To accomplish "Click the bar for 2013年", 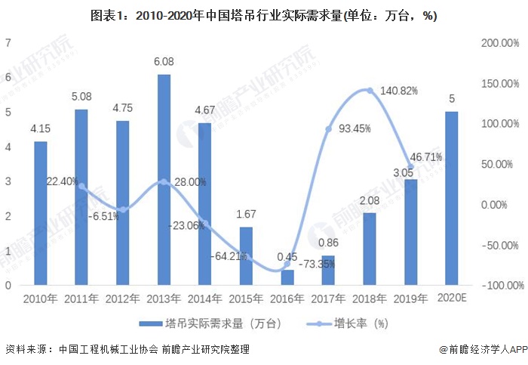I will point(164,180).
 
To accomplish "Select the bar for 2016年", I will point(287,277).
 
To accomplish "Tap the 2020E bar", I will point(451,198).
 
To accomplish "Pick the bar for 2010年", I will point(41,213).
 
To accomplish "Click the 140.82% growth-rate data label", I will point(398,90).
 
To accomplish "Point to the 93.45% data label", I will point(355,128).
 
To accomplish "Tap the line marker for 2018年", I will point(370,91).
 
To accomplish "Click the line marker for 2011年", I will point(81,186).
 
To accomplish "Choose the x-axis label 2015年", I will point(246,298).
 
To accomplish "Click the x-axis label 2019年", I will point(410,298).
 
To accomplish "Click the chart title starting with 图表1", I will point(263,14).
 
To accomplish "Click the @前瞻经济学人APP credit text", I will point(482,349).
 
